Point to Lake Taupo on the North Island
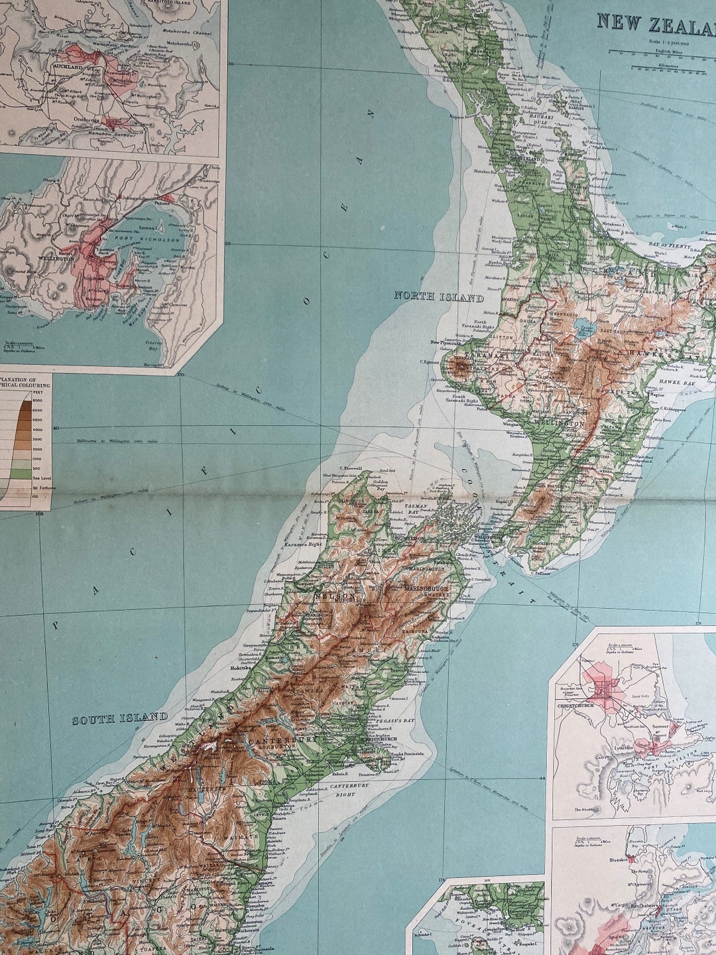pyautogui.click(x=587, y=328)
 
